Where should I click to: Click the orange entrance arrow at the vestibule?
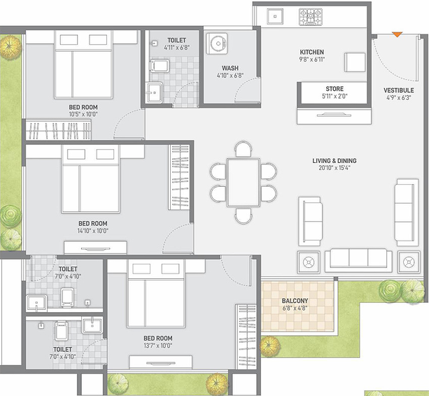click(397, 34)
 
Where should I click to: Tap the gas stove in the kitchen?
click(310, 17)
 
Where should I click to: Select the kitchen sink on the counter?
click(275, 16)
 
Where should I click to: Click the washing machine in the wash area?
click(217, 43)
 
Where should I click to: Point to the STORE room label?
click(335, 89)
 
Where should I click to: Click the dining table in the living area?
click(244, 183)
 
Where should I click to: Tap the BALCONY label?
click(295, 301)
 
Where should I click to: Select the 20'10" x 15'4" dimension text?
click(335, 168)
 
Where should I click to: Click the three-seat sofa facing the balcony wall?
click(358, 260)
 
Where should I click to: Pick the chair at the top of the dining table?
click(244, 149)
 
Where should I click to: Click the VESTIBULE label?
click(399, 90)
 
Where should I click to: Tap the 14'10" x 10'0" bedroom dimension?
click(93, 231)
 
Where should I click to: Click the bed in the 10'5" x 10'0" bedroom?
click(83, 64)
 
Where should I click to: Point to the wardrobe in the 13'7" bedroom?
click(246, 337)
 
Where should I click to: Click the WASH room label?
click(230, 68)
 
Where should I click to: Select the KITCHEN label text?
click(312, 52)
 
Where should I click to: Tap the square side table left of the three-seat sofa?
click(309, 262)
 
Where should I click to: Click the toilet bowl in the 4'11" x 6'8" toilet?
click(160, 66)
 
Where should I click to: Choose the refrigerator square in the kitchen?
click(355, 62)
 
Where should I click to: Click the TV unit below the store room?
click(334, 116)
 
